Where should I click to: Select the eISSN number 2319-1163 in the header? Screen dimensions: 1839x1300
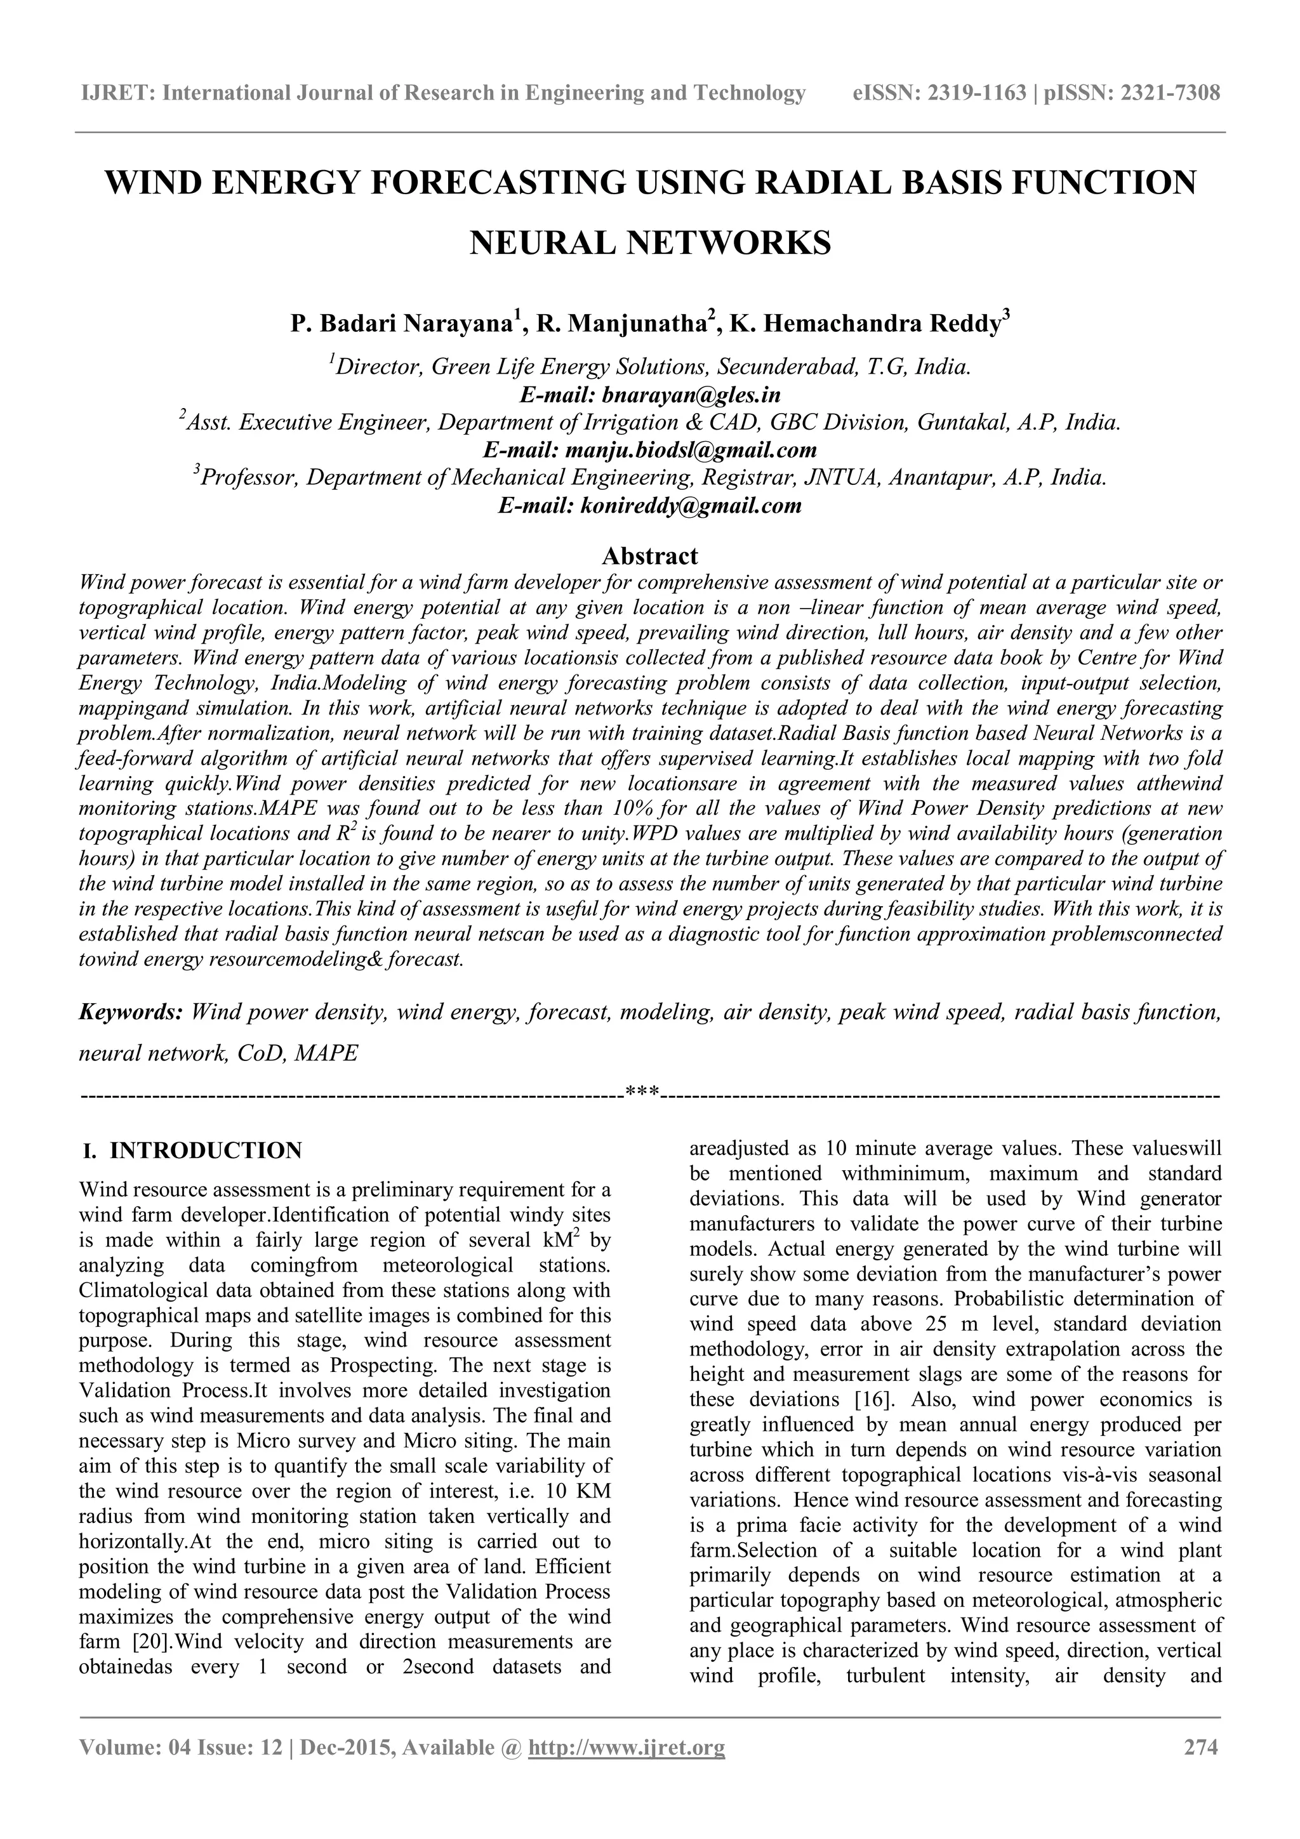(x=976, y=94)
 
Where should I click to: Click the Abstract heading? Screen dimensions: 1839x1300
(x=649, y=555)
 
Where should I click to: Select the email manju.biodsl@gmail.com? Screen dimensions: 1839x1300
(x=691, y=450)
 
